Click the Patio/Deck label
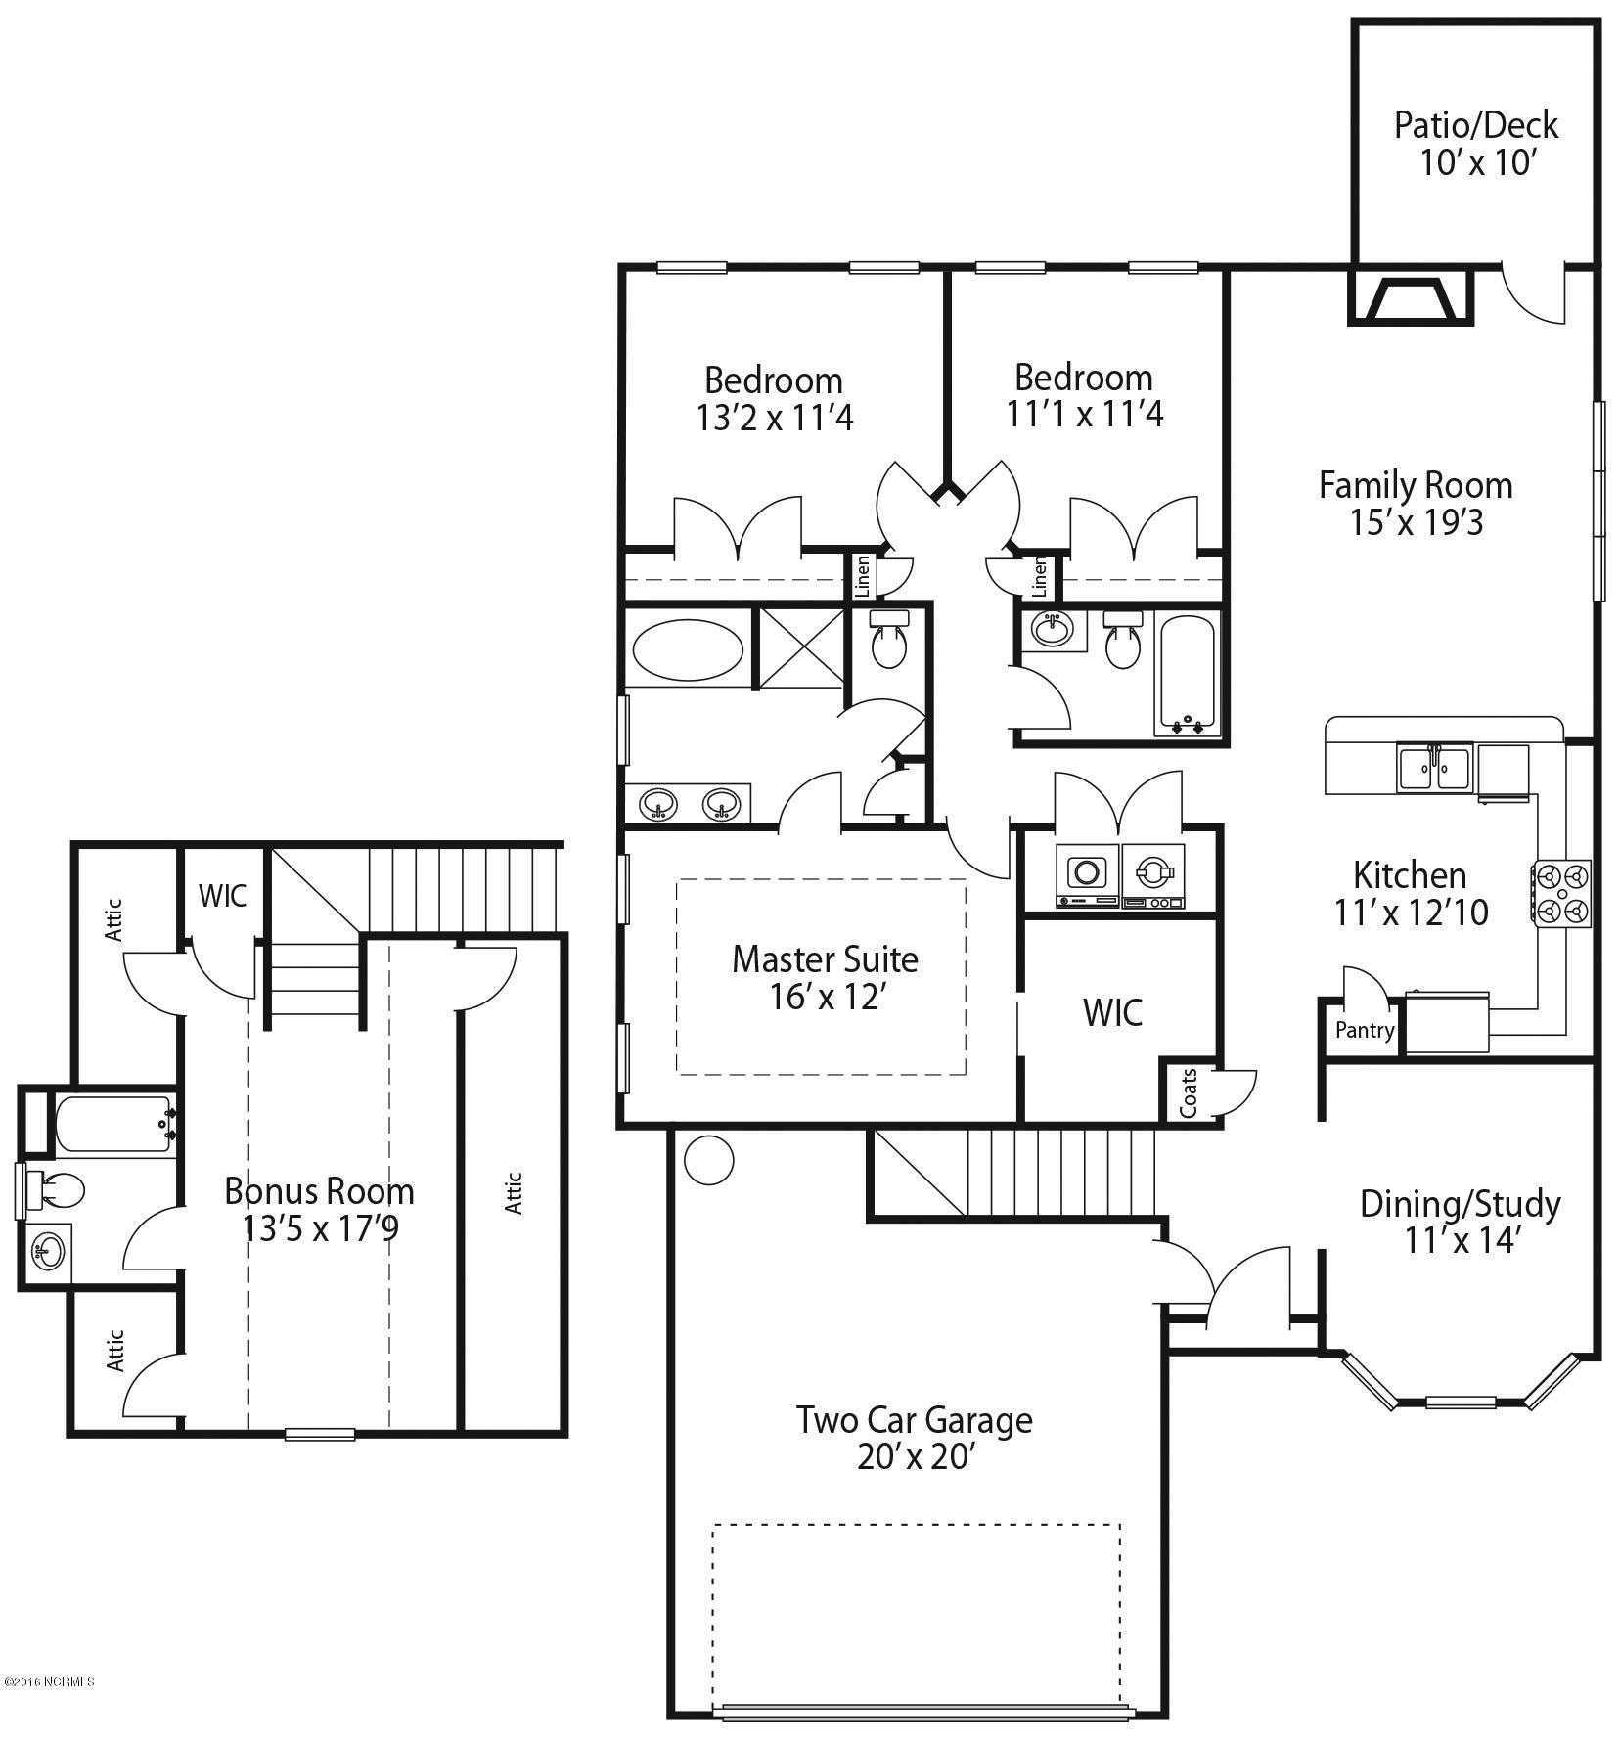pos(1475,125)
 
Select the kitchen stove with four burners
pos(1561,893)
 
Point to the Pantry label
pos(1365,1030)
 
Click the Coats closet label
pos(1190,1092)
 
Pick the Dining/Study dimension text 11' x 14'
pos(1460,1240)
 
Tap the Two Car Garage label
pos(914,1419)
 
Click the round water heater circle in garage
pos(708,1160)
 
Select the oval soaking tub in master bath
pos(688,648)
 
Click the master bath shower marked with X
pos(801,647)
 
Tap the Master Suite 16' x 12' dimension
pos(828,998)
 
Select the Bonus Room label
pos(319,1191)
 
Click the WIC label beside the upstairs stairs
pos(222,896)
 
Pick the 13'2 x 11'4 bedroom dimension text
pos(775,418)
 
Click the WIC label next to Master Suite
pos(1112,1013)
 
